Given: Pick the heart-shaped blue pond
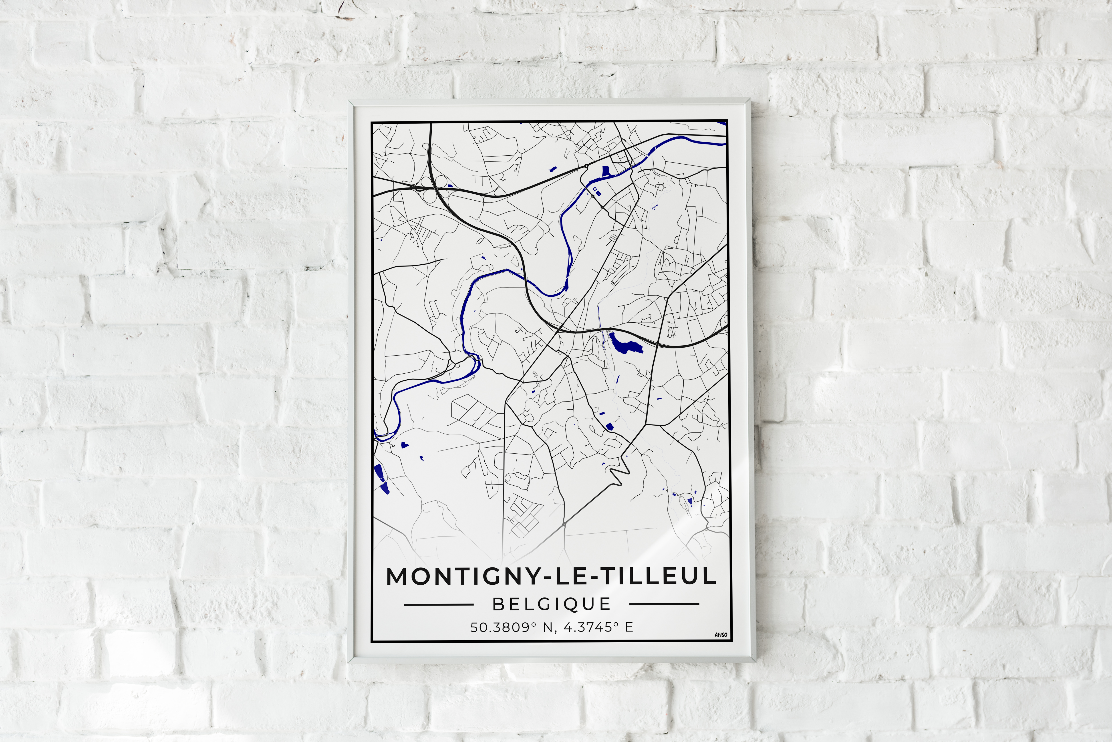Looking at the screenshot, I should coord(405,445).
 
